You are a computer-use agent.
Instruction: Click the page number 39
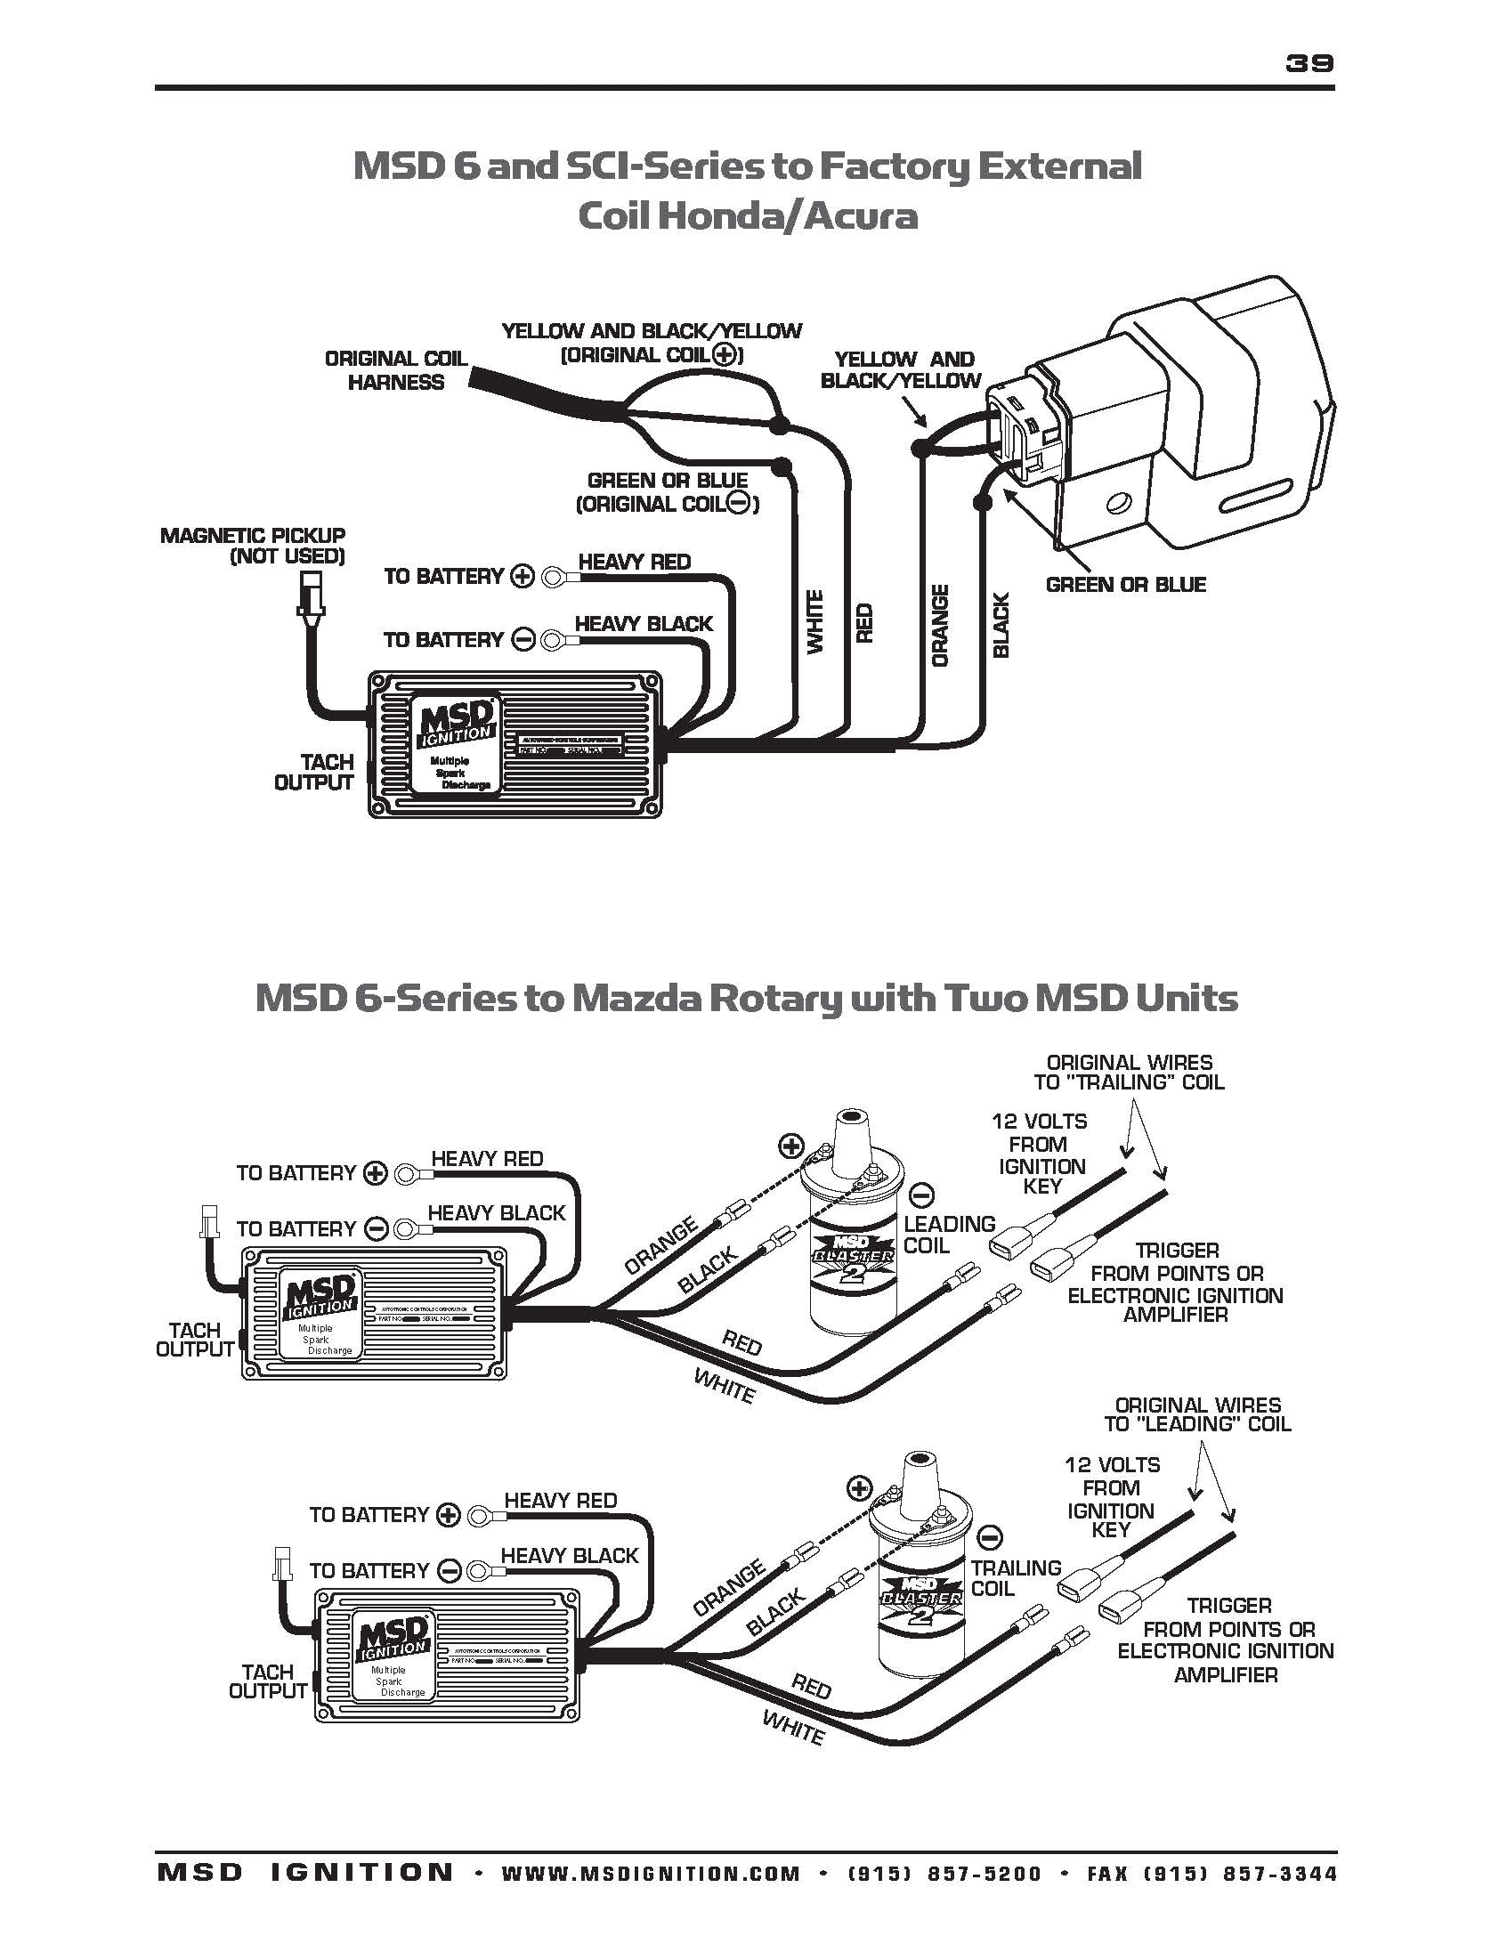coord(1309,63)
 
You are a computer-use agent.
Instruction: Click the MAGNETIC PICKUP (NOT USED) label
coord(253,546)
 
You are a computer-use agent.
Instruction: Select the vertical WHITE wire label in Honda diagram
coord(815,622)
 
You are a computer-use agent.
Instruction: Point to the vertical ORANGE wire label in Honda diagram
coord(940,625)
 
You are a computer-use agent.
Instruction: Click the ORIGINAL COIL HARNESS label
coord(395,370)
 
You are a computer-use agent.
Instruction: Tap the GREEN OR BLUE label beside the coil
coord(1125,585)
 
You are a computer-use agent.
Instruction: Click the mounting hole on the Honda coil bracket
coord(1116,504)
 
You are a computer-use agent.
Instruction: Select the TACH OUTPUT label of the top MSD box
coord(313,773)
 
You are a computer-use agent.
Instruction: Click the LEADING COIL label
coord(949,1235)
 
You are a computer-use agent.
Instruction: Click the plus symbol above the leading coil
coord(790,1146)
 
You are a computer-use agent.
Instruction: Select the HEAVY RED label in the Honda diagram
coord(634,562)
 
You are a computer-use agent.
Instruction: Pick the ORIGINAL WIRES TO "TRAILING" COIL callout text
coord(1129,1073)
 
